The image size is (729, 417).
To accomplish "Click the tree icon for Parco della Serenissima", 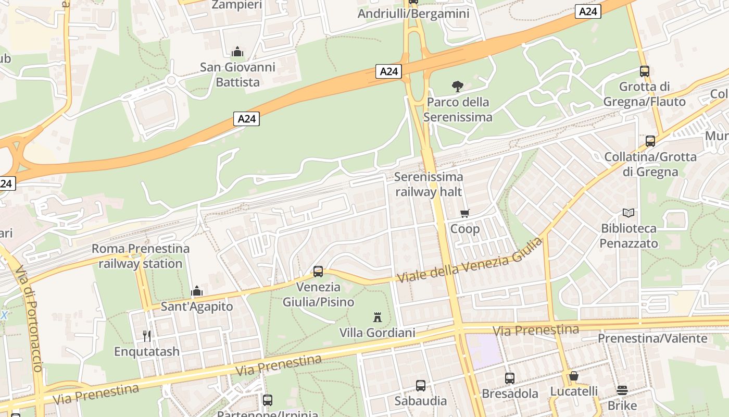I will point(457,87).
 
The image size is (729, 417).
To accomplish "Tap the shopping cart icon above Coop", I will point(465,213).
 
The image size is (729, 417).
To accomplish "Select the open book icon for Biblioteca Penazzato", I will point(629,213).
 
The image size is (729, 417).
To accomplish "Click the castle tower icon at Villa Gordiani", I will point(378,317).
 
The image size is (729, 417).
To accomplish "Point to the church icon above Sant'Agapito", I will point(197,291).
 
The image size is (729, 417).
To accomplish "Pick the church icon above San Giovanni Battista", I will point(237,52).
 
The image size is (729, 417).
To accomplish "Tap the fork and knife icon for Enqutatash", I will point(147,336).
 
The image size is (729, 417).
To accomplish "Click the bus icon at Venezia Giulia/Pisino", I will point(318,272).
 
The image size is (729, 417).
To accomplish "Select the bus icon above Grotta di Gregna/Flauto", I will point(645,71).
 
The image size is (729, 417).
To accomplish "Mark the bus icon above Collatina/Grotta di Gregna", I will point(650,141).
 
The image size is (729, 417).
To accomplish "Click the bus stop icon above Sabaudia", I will point(421,386).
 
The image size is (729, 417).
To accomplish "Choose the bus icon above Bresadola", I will point(510,378).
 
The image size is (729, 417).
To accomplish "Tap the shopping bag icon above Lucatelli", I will point(574,376).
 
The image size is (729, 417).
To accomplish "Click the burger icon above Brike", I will point(622,390).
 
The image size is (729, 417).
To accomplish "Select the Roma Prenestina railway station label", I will point(140,256).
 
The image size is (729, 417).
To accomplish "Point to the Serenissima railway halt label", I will point(429,184).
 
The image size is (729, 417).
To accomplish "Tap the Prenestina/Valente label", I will point(652,338).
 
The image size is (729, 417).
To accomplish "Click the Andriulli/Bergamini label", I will point(413,14).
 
